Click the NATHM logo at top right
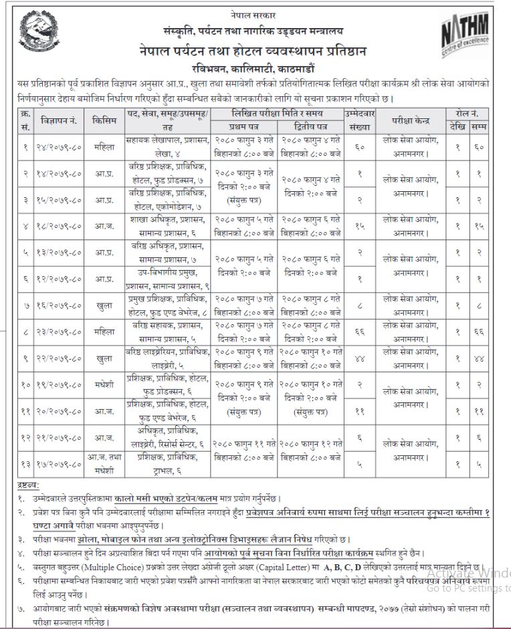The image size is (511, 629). [465, 34]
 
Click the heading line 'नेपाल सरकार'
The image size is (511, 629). [256, 15]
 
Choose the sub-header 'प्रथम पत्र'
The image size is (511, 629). [245, 126]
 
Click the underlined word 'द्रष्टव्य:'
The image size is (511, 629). [28, 484]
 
